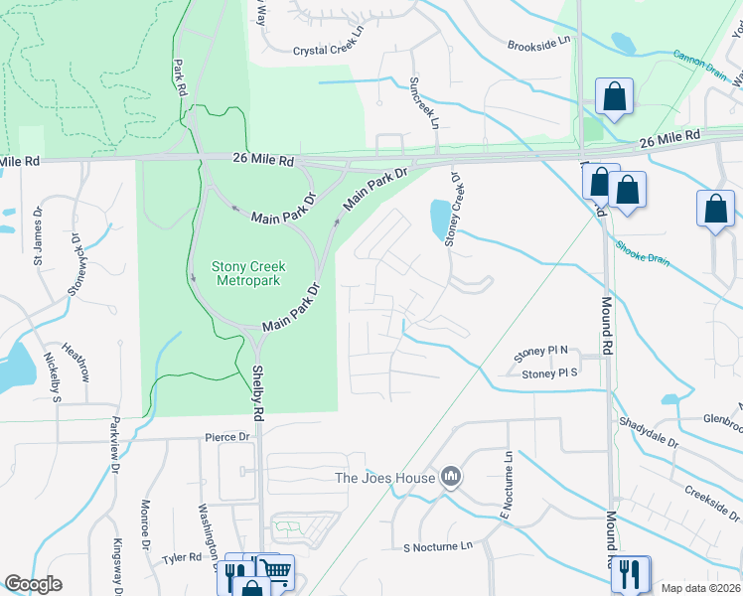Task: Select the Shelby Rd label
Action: point(256,387)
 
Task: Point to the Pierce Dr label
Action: point(227,436)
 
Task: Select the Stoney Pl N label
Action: point(540,352)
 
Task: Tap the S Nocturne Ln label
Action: point(438,546)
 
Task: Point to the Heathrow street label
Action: point(75,362)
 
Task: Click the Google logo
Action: point(33,584)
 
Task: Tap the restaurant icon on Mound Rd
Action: point(631,573)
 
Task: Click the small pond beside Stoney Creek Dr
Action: point(438,219)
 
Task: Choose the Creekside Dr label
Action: point(712,502)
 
